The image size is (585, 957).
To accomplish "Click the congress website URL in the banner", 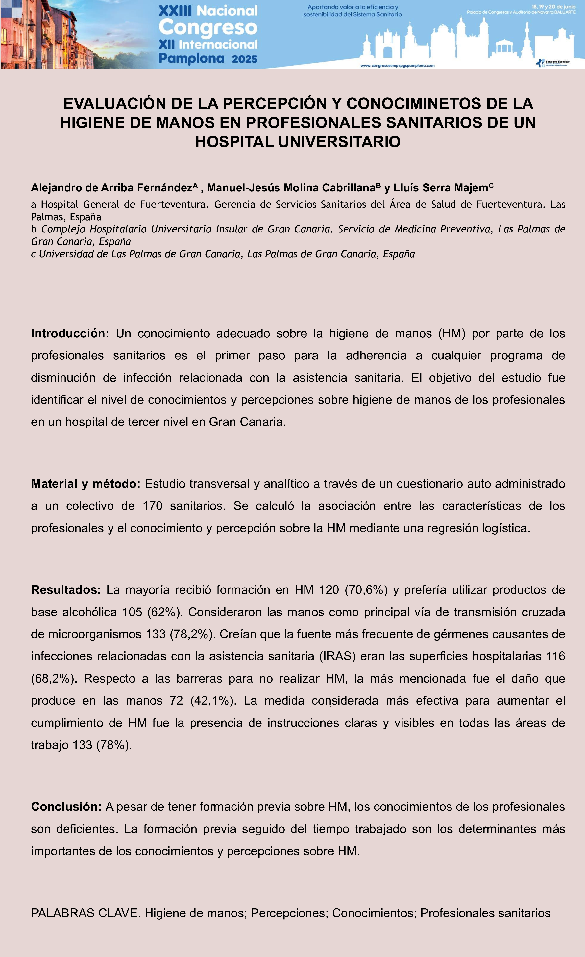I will pyautogui.click(x=397, y=66).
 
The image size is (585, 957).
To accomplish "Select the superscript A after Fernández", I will pyautogui.click(x=196, y=185).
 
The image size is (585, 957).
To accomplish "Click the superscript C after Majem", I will pyautogui.click(x=491, y=185).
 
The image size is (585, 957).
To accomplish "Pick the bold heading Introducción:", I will pyautogui.click(x=70, y=333).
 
